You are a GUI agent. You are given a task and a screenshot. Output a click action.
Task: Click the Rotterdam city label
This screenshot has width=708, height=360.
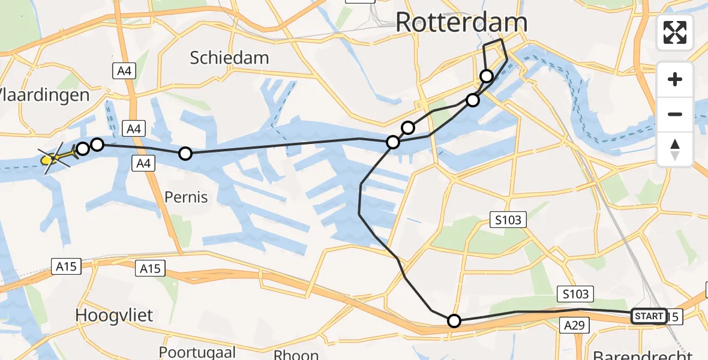(461, 23)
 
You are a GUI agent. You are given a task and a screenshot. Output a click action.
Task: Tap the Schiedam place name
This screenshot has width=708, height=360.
(229, 58)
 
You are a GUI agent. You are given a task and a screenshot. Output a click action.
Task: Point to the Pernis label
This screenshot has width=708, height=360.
(186, 197)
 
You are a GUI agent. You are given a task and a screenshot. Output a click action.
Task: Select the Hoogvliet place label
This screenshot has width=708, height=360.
(115, 315)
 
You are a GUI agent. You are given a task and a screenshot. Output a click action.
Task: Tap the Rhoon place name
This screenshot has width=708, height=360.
(296, 354)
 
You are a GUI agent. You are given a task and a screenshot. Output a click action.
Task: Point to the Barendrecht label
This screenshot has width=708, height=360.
(642, 354)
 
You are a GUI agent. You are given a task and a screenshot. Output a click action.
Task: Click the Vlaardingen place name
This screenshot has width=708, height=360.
(45, 95)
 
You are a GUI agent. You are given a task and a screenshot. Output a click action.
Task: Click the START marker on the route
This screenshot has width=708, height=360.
(649, 316)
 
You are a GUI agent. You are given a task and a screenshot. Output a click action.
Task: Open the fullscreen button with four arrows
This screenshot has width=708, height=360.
(675, 32)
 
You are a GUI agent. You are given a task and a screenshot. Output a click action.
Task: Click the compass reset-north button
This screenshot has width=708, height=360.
(675, 149)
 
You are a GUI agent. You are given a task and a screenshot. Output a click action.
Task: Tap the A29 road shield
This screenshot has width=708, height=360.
(574, 325)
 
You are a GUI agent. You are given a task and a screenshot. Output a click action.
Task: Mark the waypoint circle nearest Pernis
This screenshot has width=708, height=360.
(185, 154)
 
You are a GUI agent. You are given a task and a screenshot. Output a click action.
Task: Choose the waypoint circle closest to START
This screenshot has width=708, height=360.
(454, 321)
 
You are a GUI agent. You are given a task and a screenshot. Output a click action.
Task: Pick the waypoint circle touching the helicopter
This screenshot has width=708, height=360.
(83, 148)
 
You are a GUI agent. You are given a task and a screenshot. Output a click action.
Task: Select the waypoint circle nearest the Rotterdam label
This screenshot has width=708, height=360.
(487, 76)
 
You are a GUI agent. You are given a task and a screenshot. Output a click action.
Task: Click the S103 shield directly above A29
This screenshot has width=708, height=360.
(575, 294)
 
